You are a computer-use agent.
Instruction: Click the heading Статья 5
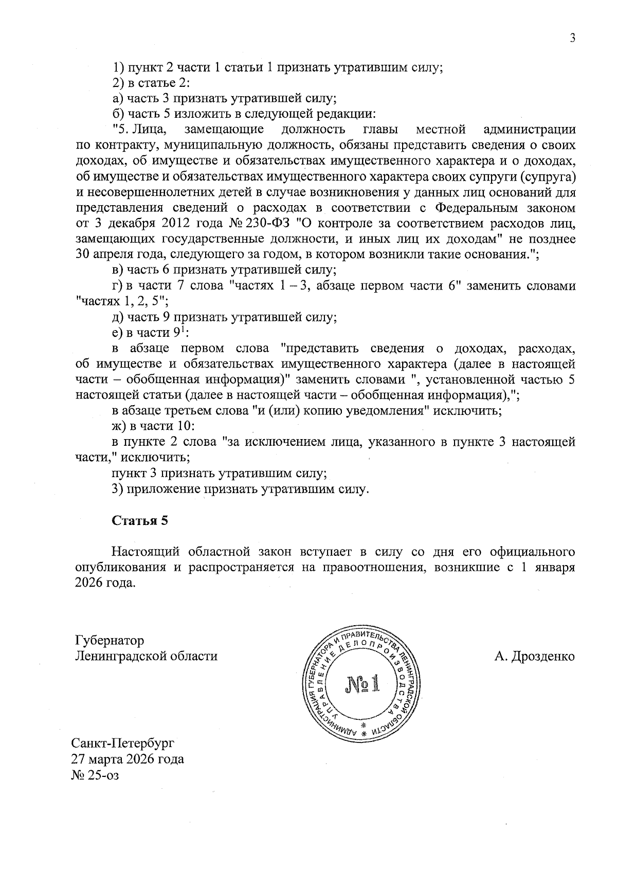pyautogui.click(x=140, y=520)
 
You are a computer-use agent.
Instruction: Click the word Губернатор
pyautogui.click(x=110, y=641)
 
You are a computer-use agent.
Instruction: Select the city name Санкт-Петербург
pyautogui.click(x=123, y=743)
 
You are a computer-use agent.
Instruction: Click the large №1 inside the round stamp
pyautogui.click(x=362, y=684)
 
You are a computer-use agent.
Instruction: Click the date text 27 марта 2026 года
pyautogui.click(x=128, y=759)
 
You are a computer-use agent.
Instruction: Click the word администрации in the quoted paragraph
pyautogui.click(x=530, y=129)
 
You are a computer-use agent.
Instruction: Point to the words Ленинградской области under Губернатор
pyautogui.click(x=146, y=657)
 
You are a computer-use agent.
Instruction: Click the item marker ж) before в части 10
pyautogui.click(x=119, y=426)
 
